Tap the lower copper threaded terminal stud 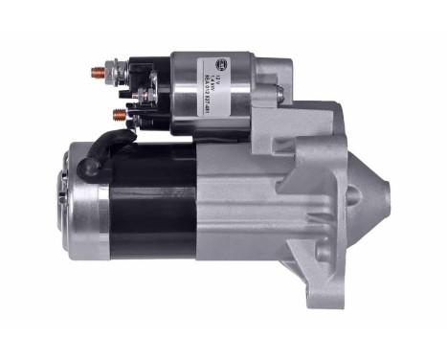coord(119,114)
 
